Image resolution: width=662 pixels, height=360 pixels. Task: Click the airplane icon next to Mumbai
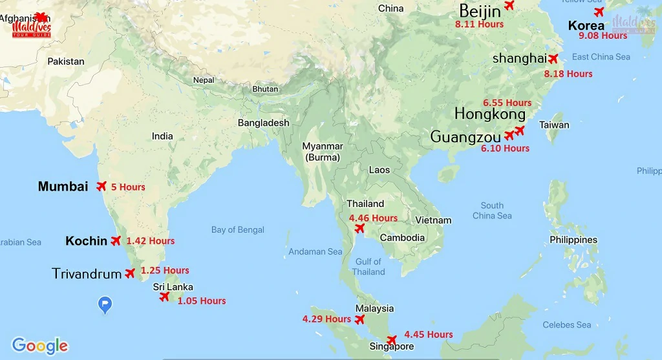[101, 186]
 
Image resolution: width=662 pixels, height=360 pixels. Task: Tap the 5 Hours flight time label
[128, 187]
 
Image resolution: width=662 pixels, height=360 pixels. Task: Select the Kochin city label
[86, 241]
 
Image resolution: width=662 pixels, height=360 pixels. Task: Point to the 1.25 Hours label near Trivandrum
[165, 270]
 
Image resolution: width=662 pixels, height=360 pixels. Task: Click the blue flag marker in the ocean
[105, 304]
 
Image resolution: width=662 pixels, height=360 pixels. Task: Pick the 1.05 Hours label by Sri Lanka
[202, 301]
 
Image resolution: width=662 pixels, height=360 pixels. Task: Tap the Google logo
[40, 346]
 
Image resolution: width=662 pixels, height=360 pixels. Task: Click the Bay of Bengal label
[238, 229]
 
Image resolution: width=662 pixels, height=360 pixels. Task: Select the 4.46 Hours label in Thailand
[373, 218]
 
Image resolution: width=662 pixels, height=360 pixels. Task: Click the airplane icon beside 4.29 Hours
[360, 319]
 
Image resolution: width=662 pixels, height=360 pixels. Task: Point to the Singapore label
[391, 346]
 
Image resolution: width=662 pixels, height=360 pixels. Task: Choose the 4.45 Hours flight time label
[429, 334]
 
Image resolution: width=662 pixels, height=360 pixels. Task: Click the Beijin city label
[480, 10]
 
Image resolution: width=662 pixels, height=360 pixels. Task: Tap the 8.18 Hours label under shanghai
[568, 74]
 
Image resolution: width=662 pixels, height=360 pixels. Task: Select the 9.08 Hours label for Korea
[603, 36]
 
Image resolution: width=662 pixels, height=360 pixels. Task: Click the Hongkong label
[490, 114]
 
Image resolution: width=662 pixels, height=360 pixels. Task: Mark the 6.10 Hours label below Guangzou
[505, 148]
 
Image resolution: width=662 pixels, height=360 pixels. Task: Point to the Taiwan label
[554, 125]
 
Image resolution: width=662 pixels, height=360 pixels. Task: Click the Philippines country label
[573, 240]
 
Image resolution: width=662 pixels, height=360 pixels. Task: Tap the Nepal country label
[204, 80]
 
